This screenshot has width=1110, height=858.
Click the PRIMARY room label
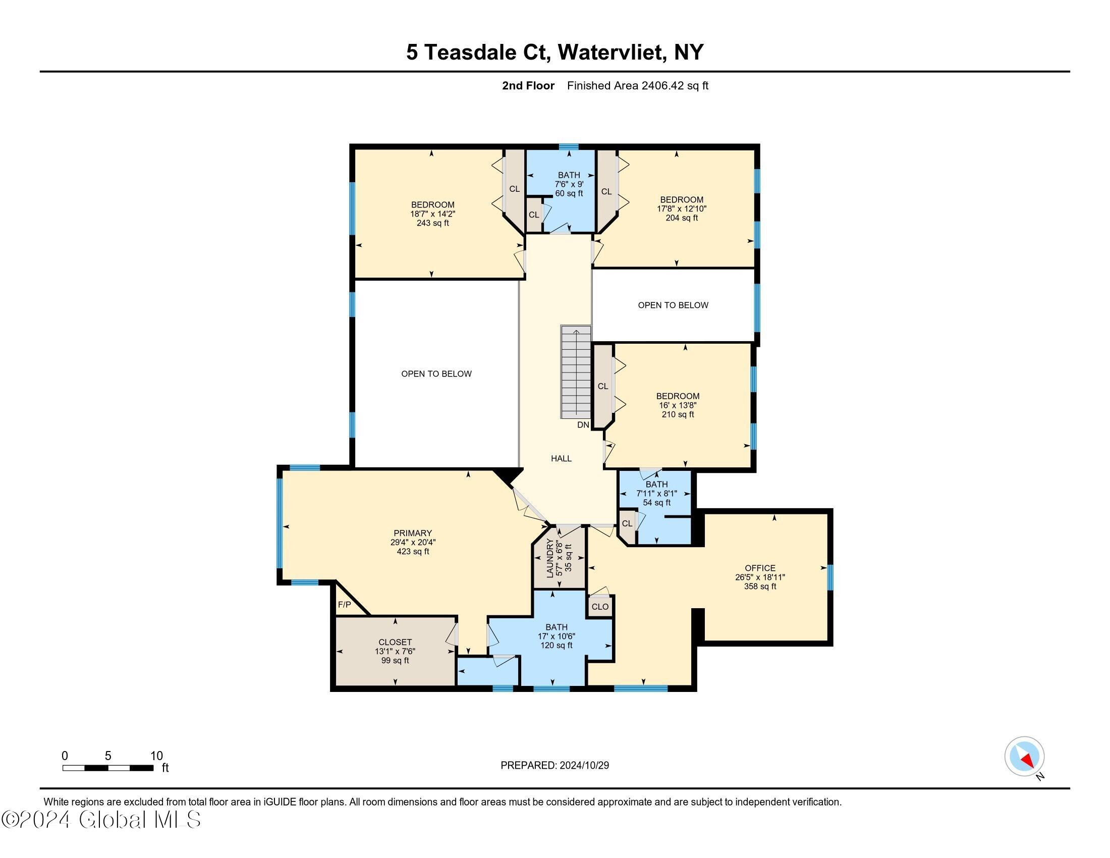[412, 533]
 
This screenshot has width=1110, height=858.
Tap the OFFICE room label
[760, 568]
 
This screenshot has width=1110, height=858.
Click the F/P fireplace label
[344, 604]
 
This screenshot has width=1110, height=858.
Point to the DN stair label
[583, 424]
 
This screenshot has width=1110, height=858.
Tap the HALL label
[561, 458]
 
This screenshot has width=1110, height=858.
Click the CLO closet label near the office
[600, 606]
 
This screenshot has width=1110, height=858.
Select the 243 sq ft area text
[432, 223]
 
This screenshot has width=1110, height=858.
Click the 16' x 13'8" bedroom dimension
[678, 405]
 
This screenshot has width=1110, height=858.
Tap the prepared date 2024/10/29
[584, 765]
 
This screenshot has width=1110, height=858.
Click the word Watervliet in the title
[612, 52]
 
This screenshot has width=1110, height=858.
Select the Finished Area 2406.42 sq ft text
[637, 85]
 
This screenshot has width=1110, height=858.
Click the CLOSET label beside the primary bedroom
[395, 642]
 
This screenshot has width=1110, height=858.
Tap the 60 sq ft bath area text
[569, 194]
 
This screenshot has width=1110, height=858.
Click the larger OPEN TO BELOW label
[436, 373]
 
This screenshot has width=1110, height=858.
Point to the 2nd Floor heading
[528, 85]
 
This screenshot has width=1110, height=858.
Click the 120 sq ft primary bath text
[556, 645]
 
